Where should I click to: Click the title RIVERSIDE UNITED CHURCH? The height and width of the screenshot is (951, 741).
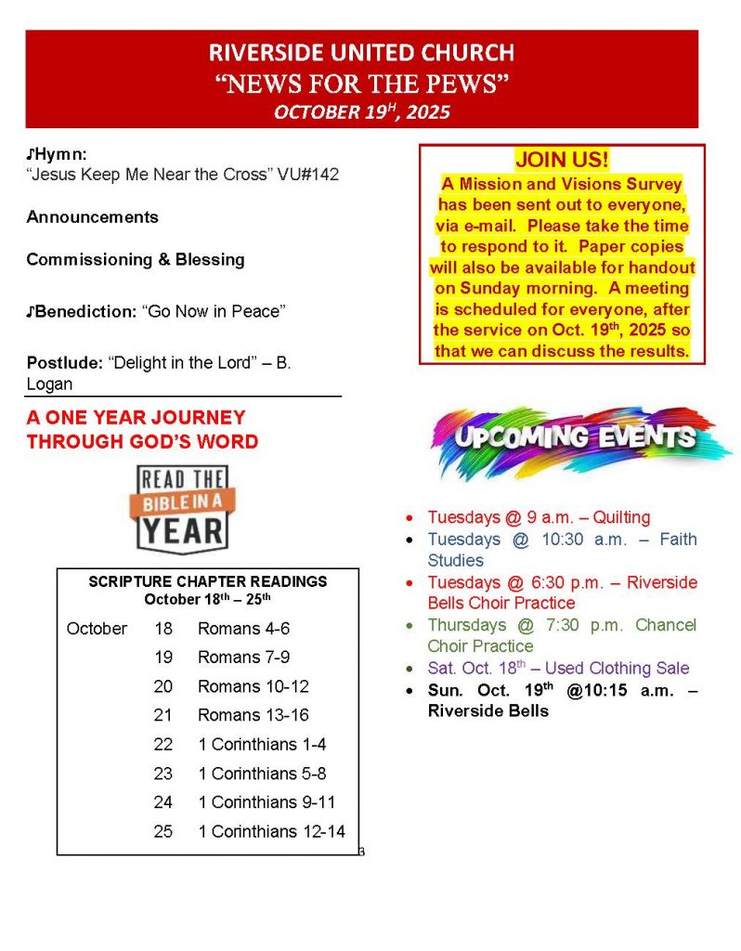point(362,53)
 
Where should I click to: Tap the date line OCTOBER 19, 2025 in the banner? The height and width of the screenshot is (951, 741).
point(362,112)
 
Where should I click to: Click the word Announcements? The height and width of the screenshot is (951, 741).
point(92,217)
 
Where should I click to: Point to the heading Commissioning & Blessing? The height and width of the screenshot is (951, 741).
point(136,260)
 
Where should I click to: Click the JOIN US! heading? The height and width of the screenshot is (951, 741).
point(563,160)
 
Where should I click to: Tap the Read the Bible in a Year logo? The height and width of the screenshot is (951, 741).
point(182,508)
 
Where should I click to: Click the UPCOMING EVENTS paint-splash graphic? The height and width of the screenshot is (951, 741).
point(568,438)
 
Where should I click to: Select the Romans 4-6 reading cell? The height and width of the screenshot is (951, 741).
point(243,629)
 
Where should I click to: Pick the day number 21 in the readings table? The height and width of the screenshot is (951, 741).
point(163,715)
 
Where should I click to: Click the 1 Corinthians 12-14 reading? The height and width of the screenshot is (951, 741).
point(272,831)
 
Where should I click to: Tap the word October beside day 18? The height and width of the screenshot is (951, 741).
point(97,629)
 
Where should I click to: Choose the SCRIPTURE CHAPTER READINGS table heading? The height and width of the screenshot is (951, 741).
point(207,581)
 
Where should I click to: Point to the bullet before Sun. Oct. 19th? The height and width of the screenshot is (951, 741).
point(409,691)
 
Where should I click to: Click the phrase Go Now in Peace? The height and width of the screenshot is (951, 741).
point(214,311)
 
